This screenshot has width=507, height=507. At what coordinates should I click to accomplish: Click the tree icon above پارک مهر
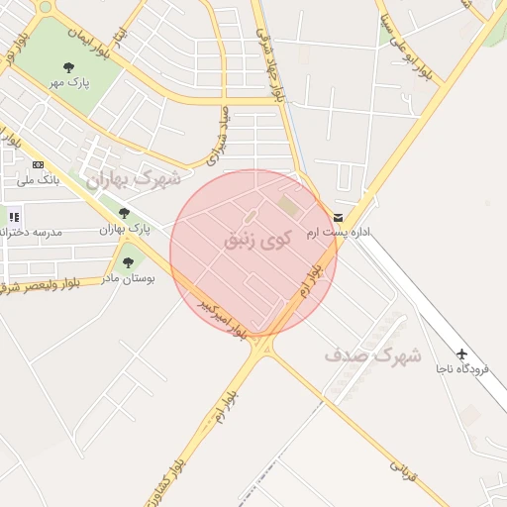point(68,67)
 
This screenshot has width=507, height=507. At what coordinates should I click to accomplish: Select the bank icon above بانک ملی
point(38,164)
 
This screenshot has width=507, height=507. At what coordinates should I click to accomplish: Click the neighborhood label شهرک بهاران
point(133,178)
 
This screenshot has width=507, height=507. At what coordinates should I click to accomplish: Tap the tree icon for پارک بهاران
point(124,213)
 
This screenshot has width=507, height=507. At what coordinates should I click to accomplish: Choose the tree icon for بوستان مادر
point(128,262)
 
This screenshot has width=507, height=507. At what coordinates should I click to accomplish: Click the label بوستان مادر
point(125,278)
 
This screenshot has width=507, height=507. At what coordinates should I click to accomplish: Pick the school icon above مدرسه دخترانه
point(14,216)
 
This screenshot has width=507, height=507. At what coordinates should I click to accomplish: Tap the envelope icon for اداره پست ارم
point(339,217)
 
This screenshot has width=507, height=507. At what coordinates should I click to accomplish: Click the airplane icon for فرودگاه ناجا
point(461,354)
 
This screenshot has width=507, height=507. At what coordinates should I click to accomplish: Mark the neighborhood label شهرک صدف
point(371,354)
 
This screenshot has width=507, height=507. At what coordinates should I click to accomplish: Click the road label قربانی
point(404,469)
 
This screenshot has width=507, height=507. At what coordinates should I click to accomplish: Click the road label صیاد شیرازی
point(217,137)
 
